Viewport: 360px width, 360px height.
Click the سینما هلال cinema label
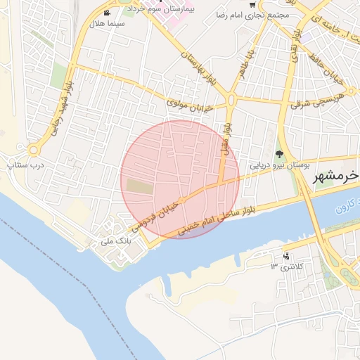pos(106,24)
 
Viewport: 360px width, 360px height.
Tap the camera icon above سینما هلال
pos(106,13)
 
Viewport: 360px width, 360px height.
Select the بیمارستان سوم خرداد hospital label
pos(170,9)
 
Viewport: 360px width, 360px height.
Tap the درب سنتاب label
pos(25,165)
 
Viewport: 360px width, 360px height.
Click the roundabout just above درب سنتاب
pos(33,150)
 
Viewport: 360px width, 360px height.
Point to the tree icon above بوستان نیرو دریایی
pos(279,154)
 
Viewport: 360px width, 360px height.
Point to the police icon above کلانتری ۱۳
pos(285,257)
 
